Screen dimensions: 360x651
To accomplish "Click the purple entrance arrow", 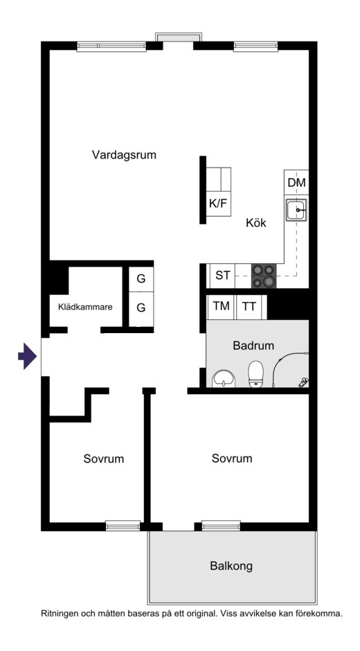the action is (x=28, y=356).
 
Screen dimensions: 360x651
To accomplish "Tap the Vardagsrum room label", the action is (x=124, y=155).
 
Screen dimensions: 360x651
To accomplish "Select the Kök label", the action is (x=255, y=223).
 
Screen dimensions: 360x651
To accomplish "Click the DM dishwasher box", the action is (x=296, y=182).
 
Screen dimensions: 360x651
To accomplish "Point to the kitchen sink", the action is (x=296, y=210).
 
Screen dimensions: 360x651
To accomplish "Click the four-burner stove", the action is (x=264, y=276).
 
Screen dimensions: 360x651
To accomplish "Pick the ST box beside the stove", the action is (x=222, y=276).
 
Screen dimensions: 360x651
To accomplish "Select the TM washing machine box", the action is (x=221, y=306).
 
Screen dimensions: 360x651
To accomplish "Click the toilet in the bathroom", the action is (x=255, y=374).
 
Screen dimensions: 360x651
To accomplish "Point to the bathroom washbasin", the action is (x=224, y=379).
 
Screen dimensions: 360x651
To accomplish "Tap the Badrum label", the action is (x=253, y=346).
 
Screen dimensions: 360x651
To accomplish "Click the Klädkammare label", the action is (x=85, y=307).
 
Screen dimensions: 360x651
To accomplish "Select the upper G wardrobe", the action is (x=141, y=279).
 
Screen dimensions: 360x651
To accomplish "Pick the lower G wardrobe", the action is (x=141, y=308).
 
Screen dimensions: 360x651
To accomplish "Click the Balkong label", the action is (x=231, y=566).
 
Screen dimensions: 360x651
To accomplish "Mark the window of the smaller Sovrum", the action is (x=123, y=526).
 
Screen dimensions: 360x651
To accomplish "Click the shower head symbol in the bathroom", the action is (x=304, y=382).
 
